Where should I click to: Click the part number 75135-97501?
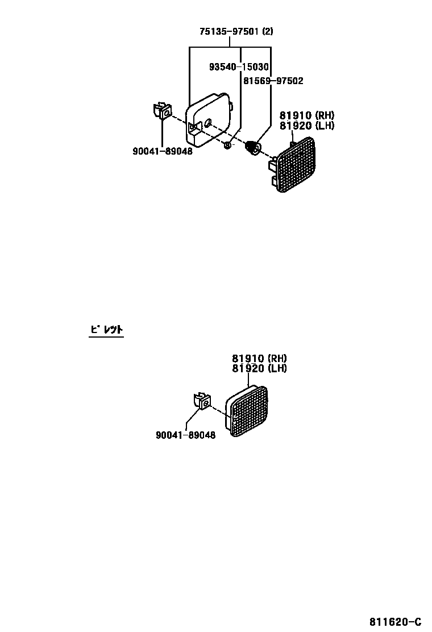(228, 32)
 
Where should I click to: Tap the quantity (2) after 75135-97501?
(267, 32)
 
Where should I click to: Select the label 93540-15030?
(238, 67)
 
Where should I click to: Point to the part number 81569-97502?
(273, 81)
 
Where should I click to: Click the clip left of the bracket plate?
(163, 110)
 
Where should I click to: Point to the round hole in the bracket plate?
(209, 122)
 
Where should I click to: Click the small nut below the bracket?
(227, 145)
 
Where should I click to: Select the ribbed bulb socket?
(252, 148)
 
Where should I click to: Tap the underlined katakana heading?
(106, 329)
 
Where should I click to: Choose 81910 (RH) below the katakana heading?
(259, 359)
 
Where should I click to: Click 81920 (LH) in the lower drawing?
(259, 368)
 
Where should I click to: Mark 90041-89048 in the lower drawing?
(185, 436)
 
